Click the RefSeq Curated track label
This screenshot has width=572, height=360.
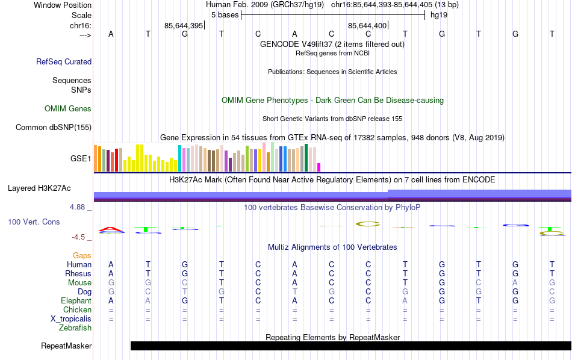(x=64, y=61)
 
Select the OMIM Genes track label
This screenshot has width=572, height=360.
(x=68, y=109)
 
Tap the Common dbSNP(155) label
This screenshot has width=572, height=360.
(x=54, y=127)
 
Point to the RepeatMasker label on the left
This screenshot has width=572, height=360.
(x=66, y=346)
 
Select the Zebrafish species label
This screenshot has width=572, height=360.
(x=75, y=328)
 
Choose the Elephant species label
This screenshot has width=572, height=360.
(x=76, y=300)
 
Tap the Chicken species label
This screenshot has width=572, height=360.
(x=77, y=309)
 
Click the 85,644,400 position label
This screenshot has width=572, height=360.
(x=367, y=26)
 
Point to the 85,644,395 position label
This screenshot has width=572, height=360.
(x=184, y=26)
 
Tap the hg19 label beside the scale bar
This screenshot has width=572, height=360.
(x=439, y=14)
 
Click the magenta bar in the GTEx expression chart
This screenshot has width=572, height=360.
(x=319, y=167)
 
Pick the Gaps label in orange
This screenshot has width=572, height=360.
(x=82, y=256)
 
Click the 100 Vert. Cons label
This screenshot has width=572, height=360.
(x=34, y=222)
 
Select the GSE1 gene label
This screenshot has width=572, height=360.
(x=81, y=159)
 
